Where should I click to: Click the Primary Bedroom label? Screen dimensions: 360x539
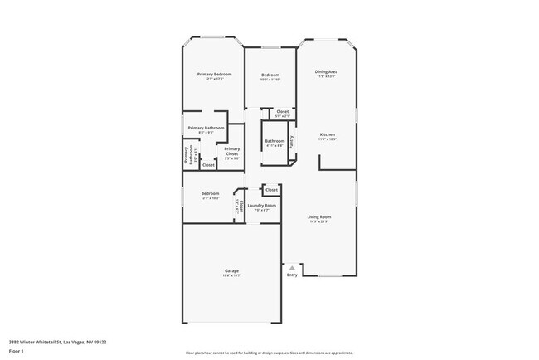(x=214, y=75)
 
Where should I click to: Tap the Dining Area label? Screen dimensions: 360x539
(x=326, y=72)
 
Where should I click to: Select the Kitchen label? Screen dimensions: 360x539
(x=328, y=134)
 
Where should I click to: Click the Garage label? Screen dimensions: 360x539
(x=232, y=271)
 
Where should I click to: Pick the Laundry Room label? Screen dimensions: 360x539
(x=262, y=205)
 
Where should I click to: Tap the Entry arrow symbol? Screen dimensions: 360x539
(x=292, y=267)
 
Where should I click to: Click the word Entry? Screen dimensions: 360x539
(x=292, y=275)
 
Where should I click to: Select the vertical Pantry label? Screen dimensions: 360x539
(x=292, y=142)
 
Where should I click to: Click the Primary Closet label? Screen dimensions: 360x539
(x=232, y=151)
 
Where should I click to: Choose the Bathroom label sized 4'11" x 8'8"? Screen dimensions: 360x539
(x=275, y=141)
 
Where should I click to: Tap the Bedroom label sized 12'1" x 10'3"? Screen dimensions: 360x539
(x=210, y=194)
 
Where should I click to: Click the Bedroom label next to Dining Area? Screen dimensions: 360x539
(x=270, y=75)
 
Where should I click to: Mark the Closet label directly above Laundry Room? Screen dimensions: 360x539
(x=271, y=190)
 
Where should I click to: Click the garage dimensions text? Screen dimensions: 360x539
(x=232, y=276)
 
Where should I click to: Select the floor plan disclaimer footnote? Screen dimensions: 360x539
(x=269, y=353)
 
